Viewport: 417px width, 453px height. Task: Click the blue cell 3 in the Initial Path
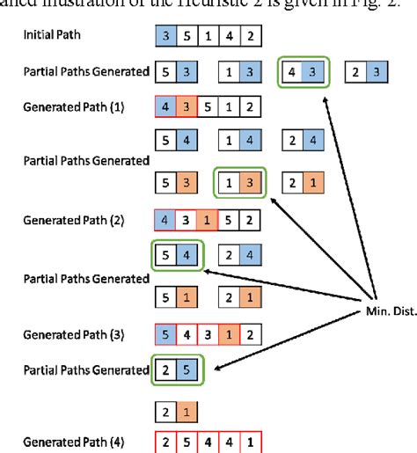click(x=165, y=39)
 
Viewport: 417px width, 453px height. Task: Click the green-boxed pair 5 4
click(x=177, y=256)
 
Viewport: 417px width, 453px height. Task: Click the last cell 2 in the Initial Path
click(x=250, y=39)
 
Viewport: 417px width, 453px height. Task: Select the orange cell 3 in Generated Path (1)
click(x=187, y=106)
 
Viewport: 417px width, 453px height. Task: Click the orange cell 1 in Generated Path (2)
click(x=208, y=218)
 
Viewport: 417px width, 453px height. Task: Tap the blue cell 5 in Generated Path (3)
click(x=165, y=333)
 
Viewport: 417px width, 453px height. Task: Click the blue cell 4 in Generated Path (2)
click(x=165, y=218)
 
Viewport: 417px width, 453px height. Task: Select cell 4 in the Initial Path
click(x=229, y=39)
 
